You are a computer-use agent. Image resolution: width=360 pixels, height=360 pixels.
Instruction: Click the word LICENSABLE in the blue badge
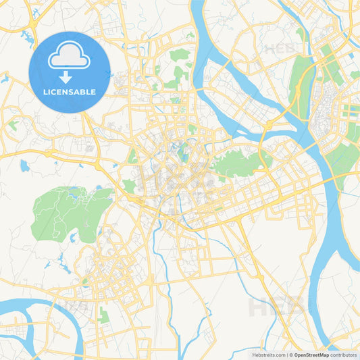(70, 91)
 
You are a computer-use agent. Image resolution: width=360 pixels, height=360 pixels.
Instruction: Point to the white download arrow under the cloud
(69, 76)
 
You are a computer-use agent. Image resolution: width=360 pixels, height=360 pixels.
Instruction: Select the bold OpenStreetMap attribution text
(311, 355)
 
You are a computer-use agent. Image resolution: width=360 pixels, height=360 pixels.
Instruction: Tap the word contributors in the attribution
(344, 355)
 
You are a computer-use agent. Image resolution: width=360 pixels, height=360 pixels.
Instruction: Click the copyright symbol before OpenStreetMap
(290, 355)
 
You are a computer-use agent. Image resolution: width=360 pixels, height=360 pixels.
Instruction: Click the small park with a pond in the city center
(182, 154)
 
